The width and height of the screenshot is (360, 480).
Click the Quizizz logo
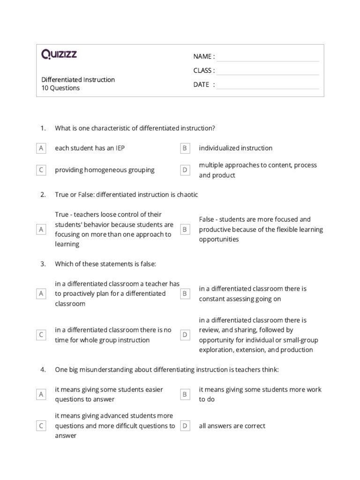(59, 55)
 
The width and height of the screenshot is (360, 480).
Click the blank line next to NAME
(267, 57)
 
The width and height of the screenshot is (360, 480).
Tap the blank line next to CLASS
(267, 71)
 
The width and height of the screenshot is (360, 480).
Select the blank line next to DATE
(267, 85)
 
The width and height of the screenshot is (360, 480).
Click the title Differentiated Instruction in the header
(78, 80)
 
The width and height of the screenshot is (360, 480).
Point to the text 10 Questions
(60, 88)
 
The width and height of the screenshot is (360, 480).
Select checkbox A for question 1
(41, 148)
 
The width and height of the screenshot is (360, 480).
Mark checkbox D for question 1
(185, 170)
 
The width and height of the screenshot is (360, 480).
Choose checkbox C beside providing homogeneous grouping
(41, 170)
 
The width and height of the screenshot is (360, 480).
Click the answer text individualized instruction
(235, 148)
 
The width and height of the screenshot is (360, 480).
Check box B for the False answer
(185, 229)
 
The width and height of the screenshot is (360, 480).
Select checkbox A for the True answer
(41, 229)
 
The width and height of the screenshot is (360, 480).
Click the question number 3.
(43, 264)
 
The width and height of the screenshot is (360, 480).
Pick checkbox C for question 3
(41, 335)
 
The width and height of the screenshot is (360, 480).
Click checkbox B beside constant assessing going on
(185, 293)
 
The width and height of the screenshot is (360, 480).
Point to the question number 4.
(43, 370)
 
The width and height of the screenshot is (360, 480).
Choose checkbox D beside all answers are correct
(185, 426)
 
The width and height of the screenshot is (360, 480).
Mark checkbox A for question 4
(41, 394)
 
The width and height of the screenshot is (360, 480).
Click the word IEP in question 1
(120, 148)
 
